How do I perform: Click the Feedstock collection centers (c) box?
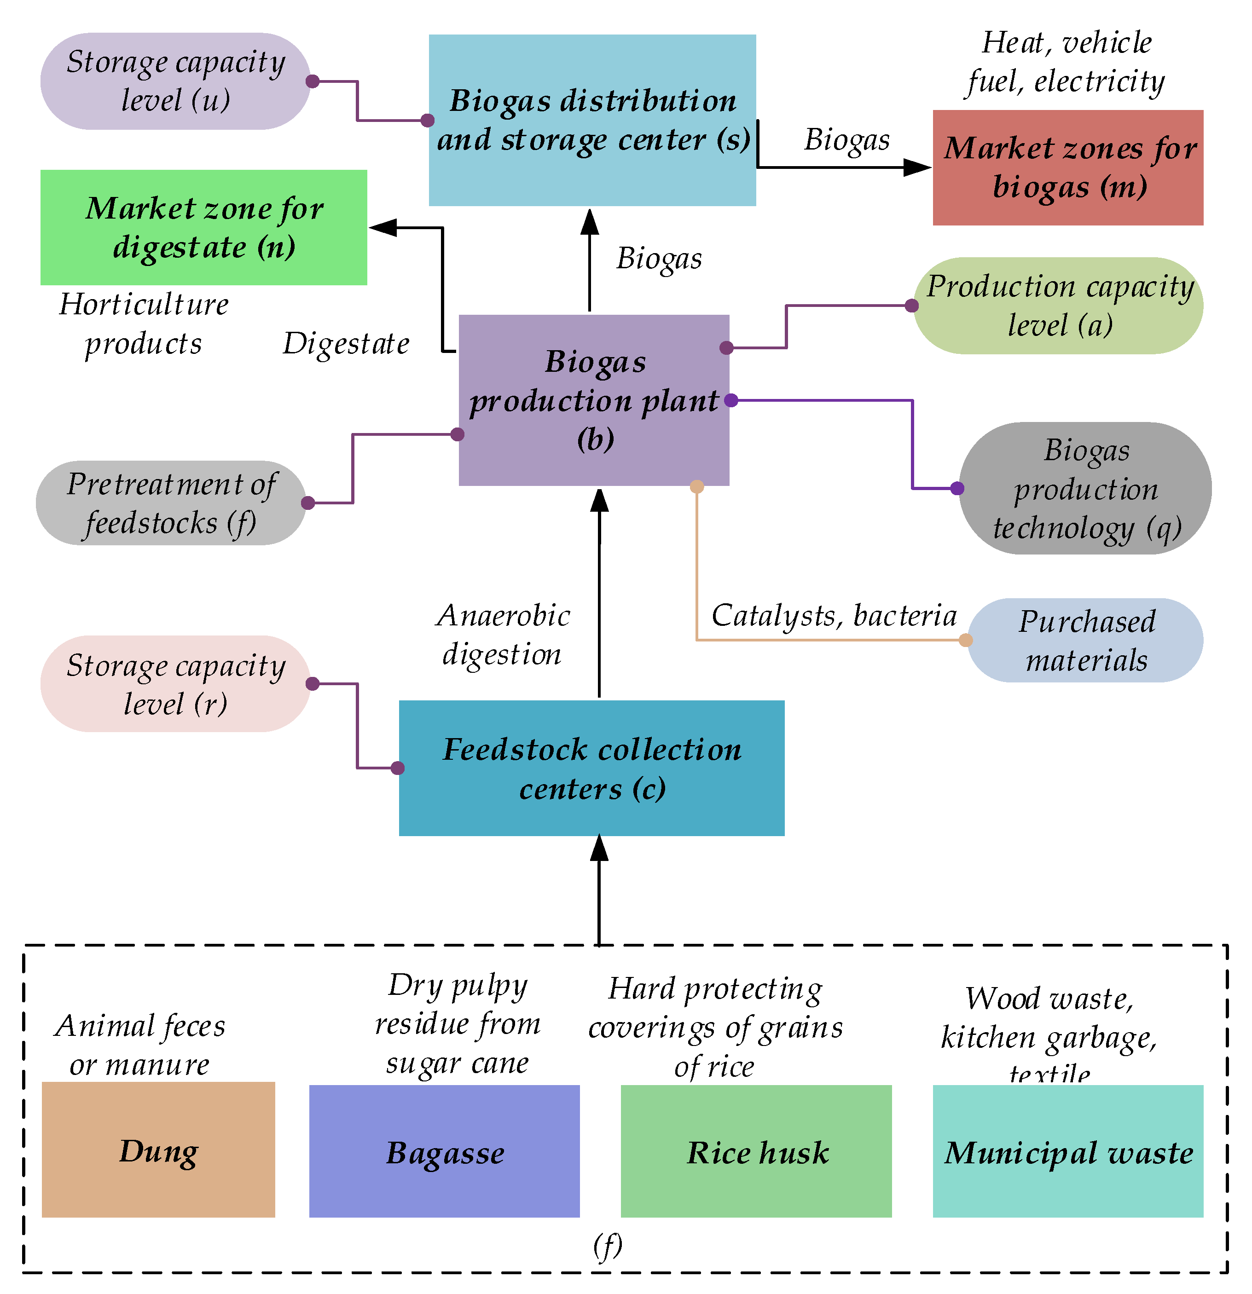tap(591, 768)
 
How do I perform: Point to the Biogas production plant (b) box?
tap(594, 400)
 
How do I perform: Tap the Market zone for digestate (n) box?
tap(203, 227)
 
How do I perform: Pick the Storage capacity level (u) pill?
tap(175, 81)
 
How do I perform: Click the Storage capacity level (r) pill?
tap(175, 684)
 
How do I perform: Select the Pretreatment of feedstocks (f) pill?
tap(170, 503)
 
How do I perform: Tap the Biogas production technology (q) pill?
tap(1084, 489)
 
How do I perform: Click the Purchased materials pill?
tap(1084, 641)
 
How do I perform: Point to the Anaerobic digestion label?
tap(503, 635)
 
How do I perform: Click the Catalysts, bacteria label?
tap(833, 616)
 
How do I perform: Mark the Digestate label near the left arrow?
tap(346, 344)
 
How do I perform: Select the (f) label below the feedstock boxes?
tap(607, 1246)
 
